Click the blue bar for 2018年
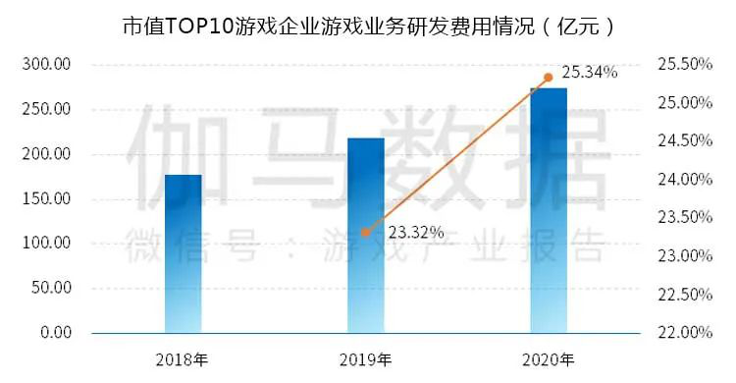[184, 253]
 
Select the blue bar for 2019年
[366, 236]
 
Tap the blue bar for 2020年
[549, 210]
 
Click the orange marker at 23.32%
[366, 232]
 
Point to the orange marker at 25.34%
[549, 78]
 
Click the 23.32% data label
[416, 232]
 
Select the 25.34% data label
[590, 73]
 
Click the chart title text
[368, 27]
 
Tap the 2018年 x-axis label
[183, 360]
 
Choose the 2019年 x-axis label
[365, 360]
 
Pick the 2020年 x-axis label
[549, 360]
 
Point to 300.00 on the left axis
[46, 64]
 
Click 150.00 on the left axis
[46, 198]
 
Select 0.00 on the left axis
[56, 333]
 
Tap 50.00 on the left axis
[51, 288]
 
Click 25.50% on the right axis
[685, 64]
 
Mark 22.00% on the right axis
[685, 333]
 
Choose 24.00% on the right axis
[685, 179]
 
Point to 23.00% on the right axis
[685, 255]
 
